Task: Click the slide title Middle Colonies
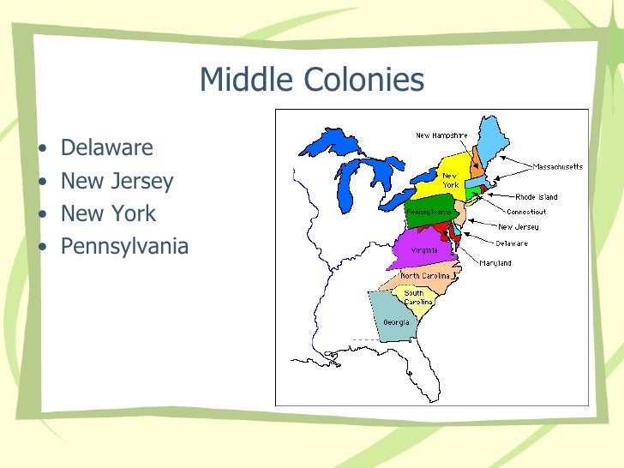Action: tap(311, 81)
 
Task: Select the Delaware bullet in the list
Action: tap(106, 148)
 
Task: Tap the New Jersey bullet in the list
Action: tap(117, 182)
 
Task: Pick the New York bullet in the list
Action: tap(108, 214)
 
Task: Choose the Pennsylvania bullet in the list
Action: tap(124, 247)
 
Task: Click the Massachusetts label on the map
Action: tap(558, 166)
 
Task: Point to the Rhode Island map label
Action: tap(537, 197)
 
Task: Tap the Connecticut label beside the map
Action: tap(526, 212)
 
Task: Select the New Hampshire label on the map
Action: tap(442, 135)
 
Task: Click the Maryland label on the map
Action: tap(495, 262)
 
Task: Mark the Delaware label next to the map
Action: tap(512, 243)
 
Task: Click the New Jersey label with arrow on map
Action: tap(519, 227)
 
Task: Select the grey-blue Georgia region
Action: tap(393, 319)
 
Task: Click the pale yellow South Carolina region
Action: tap(417, 299)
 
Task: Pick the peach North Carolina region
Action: tap(426, 276)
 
